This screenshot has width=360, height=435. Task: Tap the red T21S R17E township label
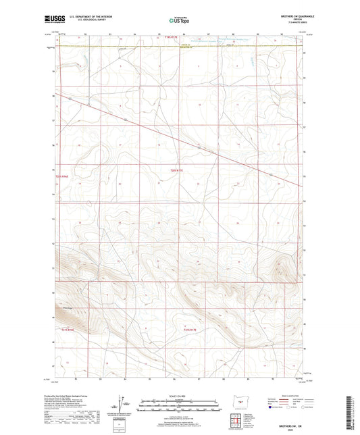pyautogui.click(x=192, y=329)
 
